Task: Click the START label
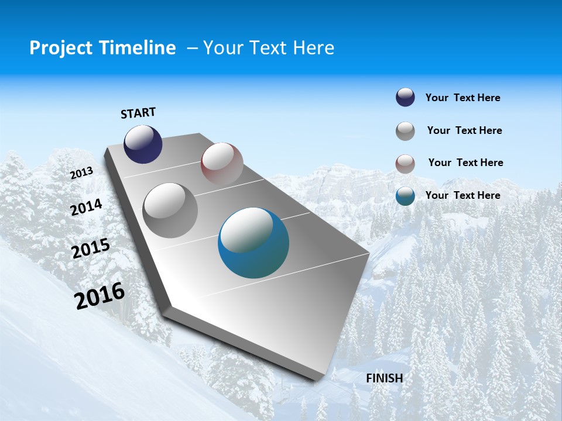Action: [x=138, y=113]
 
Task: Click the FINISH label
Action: [x=384, y=378]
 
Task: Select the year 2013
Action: [x=82, y=173]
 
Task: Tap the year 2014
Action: [x=86, y=207]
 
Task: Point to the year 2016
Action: [x=100, y=296]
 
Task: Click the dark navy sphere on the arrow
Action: [x=143, y=144]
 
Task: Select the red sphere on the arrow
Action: [x=222, y=164]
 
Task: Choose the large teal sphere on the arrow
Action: [x=253, y=243]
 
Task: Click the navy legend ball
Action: [x=405, y=97]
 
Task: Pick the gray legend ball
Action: [x=405, y=131]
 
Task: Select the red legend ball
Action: [x=405, y=164]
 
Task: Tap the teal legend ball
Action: [x=405, y=196]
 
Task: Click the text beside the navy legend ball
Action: [x=462, y=98]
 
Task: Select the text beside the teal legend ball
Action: [x=462, y=195]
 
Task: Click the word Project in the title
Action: [x=61, y=48]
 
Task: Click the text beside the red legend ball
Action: [x=465, y=163]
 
